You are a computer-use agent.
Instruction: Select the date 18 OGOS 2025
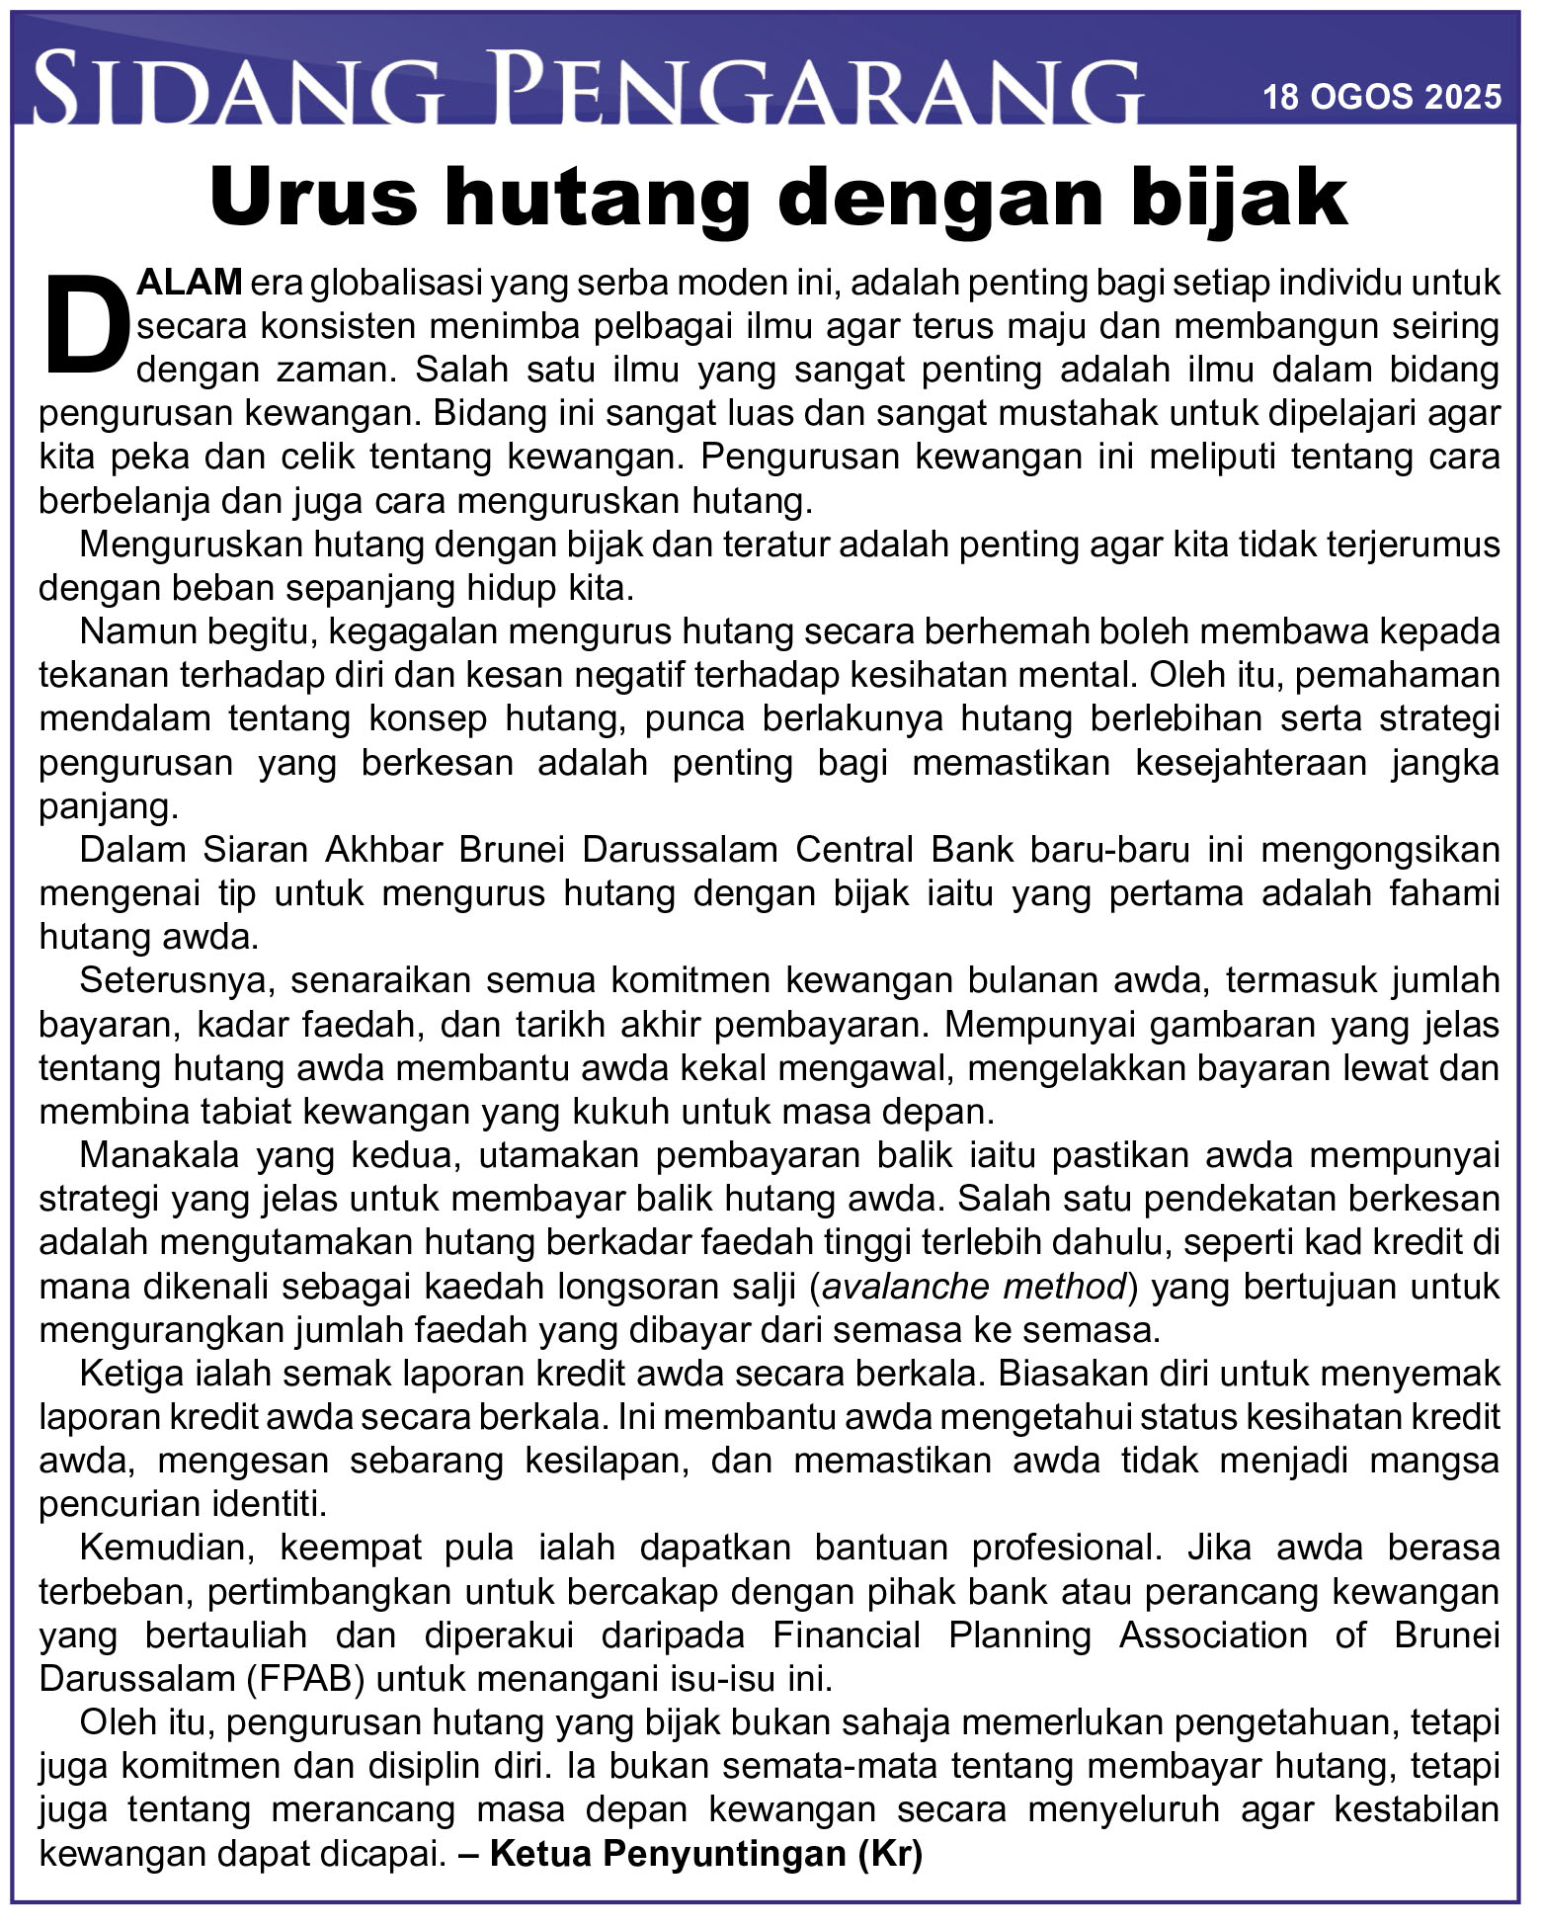1382,96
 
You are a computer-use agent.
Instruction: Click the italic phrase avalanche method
974,1286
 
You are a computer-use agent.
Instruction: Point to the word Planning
1018,1634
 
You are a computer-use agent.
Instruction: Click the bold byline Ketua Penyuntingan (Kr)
705,1853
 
